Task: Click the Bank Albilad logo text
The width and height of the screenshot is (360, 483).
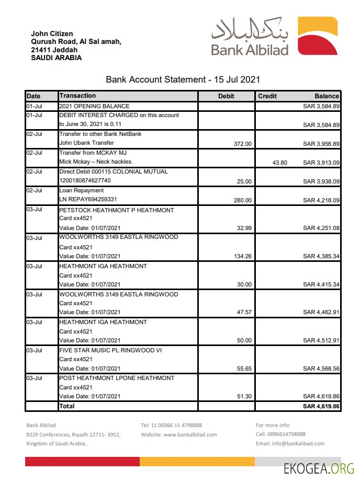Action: (250, 50)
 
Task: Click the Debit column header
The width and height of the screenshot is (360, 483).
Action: (226, 96)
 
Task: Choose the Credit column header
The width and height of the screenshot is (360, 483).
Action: (267, 96)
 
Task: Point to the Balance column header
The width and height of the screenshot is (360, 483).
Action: (327, 96)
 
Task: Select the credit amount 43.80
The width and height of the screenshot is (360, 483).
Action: (280, 163)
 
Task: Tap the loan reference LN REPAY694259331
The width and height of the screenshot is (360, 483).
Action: (88, 200)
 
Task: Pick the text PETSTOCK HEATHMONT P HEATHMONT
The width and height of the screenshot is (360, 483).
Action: (116, 210)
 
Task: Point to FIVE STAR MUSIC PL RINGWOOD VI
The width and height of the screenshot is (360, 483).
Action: (110, 350)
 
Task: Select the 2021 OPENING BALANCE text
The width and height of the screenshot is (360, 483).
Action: (94, 106)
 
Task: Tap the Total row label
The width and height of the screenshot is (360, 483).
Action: (67, 406)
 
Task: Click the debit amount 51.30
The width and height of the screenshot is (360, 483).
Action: (244, 397)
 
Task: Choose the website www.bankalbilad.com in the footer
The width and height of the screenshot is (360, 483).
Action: (190, 434)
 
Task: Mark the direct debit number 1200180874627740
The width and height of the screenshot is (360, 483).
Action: (85, 181)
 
